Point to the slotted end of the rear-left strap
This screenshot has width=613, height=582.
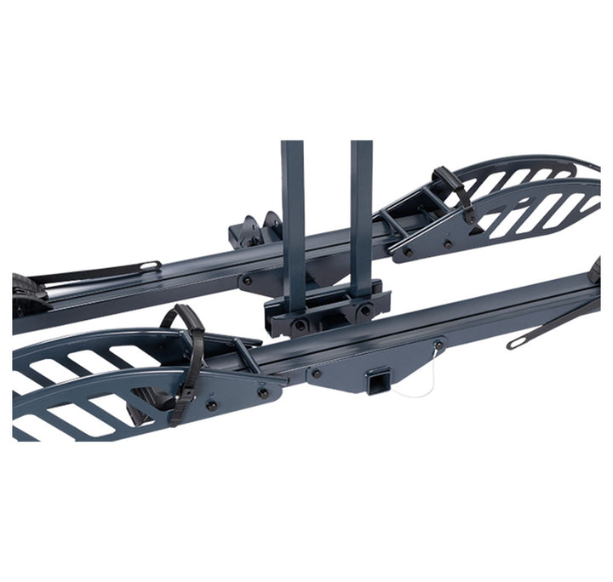[x=148, y=266]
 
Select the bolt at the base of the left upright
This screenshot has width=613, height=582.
[x=300, y=323]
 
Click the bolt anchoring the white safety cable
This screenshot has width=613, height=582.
[x=438, y=345]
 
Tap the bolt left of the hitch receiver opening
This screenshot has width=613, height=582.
[x=316, y=373]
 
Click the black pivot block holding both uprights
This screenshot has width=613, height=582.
[x=328, y=313]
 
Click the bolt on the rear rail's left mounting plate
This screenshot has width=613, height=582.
[x=247, y=279]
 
